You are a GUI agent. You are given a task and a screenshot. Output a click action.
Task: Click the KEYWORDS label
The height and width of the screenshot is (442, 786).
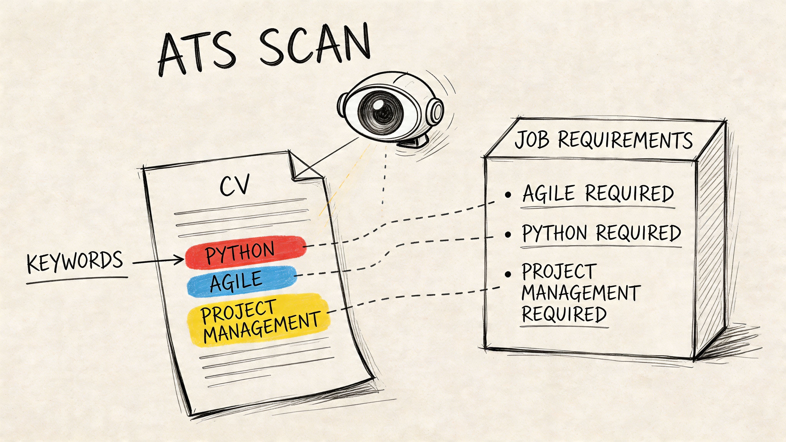(x=75, y=262)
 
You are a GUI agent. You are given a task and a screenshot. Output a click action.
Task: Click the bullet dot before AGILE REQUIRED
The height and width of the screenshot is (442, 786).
(x=508, y=195)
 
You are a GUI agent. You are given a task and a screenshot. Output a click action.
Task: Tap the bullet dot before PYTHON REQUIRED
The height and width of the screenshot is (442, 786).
(x=508, y=234)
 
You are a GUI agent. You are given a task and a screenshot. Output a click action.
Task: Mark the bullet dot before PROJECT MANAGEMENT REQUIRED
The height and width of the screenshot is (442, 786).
(x=508, y=274)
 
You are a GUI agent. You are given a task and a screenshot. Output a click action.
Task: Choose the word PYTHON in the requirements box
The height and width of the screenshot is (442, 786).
(x=554, y=233)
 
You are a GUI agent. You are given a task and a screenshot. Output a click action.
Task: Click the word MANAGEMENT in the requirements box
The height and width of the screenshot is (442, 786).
(x=581, y=293)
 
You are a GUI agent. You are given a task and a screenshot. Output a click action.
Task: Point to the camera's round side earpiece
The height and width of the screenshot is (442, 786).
(x=436, y=110)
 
